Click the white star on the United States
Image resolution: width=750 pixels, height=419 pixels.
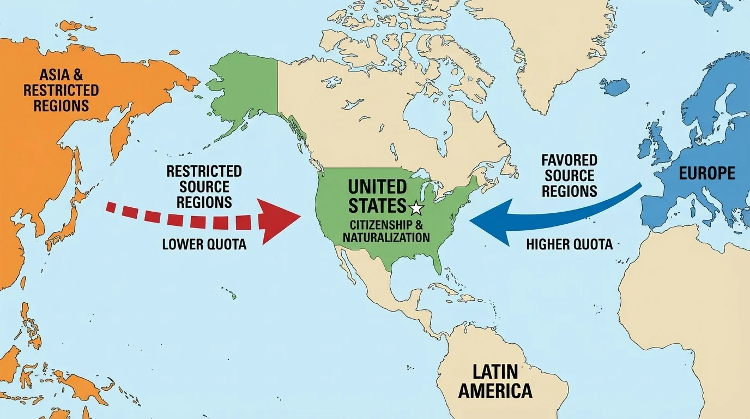click(x=416, y=207)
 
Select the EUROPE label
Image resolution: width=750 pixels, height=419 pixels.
click(x=707, y=173)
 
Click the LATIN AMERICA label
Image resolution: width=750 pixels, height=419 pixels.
click(x=495, y=381)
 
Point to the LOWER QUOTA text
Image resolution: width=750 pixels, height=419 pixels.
click(x=204, y=244)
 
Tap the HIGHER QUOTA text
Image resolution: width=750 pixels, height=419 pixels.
click(x=569, y=244)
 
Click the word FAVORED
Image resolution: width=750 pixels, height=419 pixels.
click(x=570, y=161)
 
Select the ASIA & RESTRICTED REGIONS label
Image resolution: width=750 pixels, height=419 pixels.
click(x=61, y=89)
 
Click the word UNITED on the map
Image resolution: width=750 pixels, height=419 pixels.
click(x=377, y=187)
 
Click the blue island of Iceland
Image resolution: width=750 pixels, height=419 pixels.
click(x=614, y=86)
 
